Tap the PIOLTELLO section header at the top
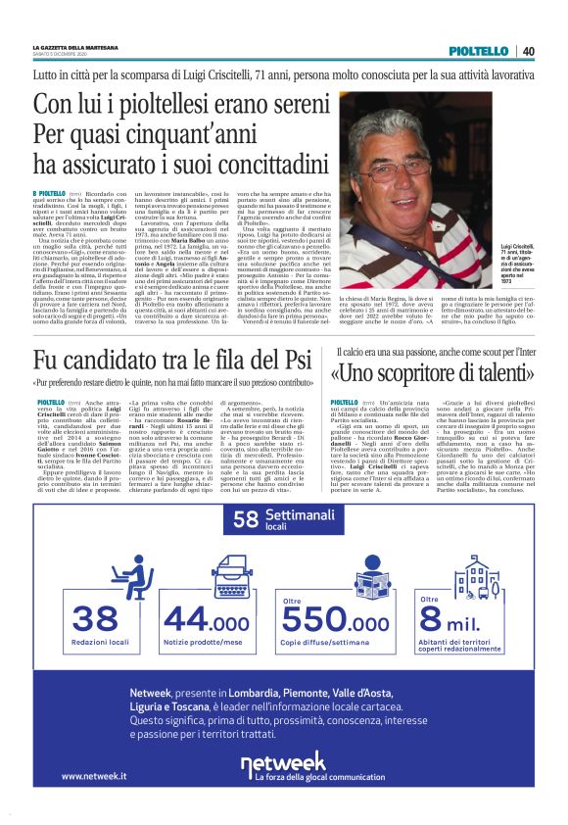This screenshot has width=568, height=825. point(479,51)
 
